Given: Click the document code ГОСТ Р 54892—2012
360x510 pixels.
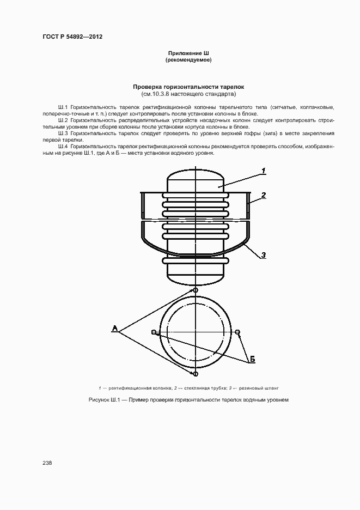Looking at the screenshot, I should pyautogui.click(x=72, y=37).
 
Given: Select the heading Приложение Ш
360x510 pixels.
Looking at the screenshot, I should pyautogui.click(x=188, y=53).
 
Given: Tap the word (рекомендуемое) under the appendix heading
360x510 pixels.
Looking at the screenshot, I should pyautogui.click(x=188, y=60).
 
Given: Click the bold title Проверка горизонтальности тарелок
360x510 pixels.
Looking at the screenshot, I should pyautogui.click(x=189, y=87).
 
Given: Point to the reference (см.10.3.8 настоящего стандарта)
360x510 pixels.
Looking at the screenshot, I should pyautogui.click(x=189, y=94).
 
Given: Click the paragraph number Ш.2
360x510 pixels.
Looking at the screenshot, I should pyautogui.click(x=62, y=119).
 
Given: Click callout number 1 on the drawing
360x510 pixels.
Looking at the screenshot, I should pyautogui.click(x=264, y=171).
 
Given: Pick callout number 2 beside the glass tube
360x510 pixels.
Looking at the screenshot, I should pyautogui.click(x=264, y=195).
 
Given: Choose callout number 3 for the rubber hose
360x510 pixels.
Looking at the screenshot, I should pyautogui.click(x=264, y=254).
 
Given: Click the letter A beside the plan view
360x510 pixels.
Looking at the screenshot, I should pyautogui.click(x=115, y=328).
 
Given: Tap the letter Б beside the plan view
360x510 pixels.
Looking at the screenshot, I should pyautogui.click(x=253, y=360).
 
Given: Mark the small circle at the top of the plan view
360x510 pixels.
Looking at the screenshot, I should pyautogui.click(x=195, y=290).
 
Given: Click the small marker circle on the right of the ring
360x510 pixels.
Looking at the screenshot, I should pyautogui.click(x=237, y=332).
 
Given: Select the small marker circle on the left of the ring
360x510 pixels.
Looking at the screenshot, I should pyautogui.click(x=154, y=332).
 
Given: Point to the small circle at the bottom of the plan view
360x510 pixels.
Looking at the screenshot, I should pyautogui.click(x=195, y=374).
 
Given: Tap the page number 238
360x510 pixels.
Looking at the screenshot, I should pyautogui.click(x=47, y=463).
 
